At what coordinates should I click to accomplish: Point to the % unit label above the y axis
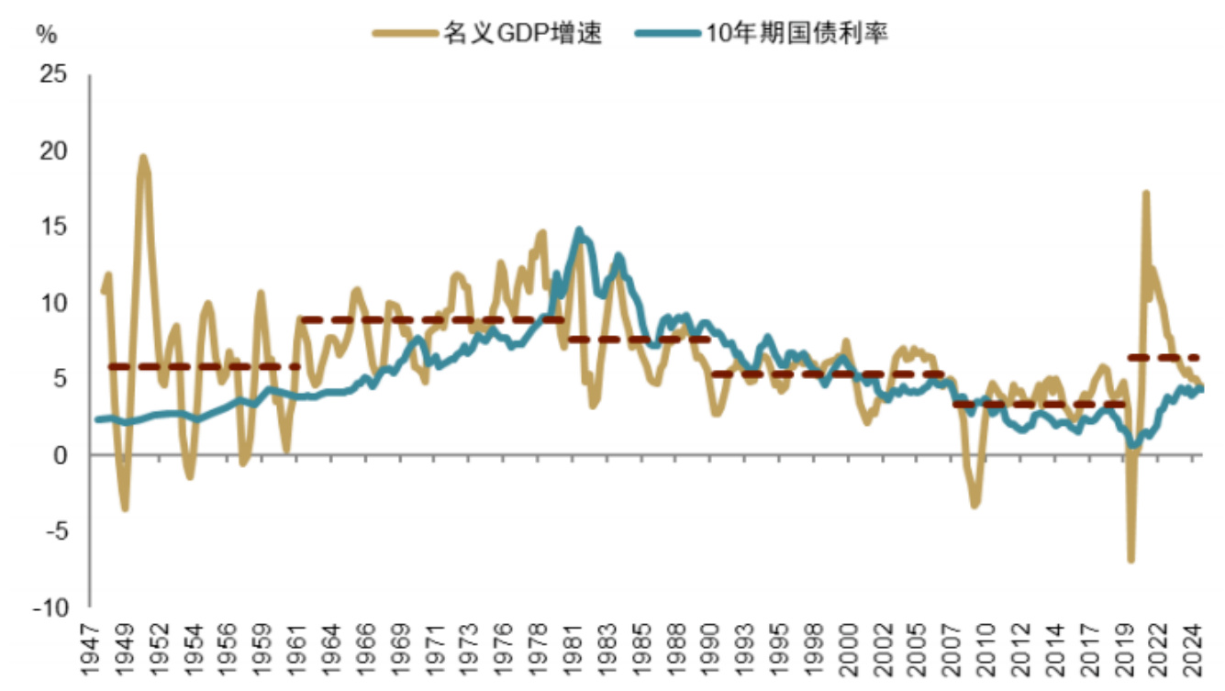click(x=46, y=36)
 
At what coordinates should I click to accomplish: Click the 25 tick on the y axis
click(x=55, y=74)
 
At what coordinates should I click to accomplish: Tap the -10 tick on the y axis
click(x=50, y=607)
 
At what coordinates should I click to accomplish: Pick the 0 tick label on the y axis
click(x=61, y=455)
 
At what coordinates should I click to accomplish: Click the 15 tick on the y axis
click(x=55, y=227)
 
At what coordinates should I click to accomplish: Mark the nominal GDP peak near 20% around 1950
click(x=143, y=158)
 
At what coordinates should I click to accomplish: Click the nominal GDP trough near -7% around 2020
click(x=1131, y=559)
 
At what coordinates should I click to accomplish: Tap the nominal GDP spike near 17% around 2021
click(x=1145, y=194)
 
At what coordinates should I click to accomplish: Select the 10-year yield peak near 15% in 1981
click(x=579, y=230)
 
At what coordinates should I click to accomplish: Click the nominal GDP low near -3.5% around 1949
click(x=125, y=508)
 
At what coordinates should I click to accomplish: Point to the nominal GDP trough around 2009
click(x=974, y=505)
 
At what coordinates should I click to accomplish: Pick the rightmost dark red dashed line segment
click(x=1164, y=358)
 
